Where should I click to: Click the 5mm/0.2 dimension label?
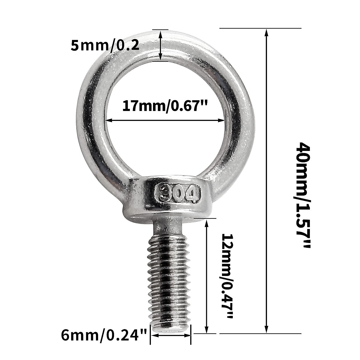coord(105,46)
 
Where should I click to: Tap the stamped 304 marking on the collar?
coord(177,194)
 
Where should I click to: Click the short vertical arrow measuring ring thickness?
coord(161,46)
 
